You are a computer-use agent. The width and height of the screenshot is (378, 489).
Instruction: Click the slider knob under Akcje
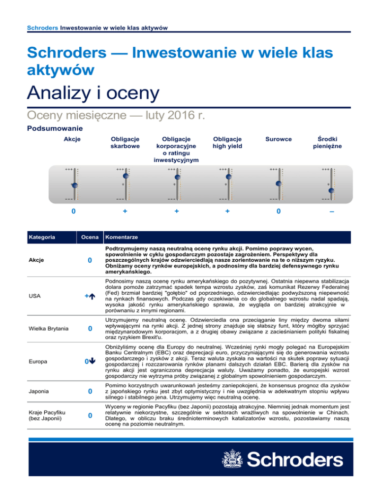[x=74, y=185]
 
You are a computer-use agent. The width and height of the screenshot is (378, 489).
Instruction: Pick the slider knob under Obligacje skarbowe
[x=125, y=176]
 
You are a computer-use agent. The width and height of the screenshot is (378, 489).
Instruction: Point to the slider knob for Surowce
[x=279, y=183]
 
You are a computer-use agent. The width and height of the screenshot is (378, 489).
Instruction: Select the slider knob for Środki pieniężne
[x=331, y=190]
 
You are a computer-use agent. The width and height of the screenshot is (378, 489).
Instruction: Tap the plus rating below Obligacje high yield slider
[x=228, y=211]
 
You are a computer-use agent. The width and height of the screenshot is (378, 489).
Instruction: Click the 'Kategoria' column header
[x=41, y=238]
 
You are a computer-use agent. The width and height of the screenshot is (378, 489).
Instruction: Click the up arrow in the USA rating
[x=91, y=296]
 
